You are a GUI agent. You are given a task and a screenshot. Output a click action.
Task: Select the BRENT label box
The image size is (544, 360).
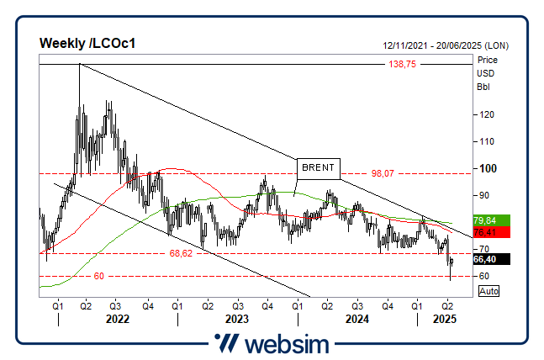tap(318, 167)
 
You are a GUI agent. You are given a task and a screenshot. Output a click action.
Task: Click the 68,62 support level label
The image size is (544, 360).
tap(182, 252)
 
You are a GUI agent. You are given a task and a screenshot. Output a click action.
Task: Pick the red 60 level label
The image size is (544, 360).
tap(98, 276)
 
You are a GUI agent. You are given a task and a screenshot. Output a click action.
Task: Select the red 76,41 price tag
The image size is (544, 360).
tap(484, 231)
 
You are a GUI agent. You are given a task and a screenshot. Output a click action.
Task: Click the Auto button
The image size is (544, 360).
tap(488, 290)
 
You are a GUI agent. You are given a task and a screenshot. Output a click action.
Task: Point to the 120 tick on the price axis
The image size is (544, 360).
tap(485, 114)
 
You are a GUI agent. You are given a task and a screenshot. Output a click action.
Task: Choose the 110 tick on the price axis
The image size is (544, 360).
tap(485, 141)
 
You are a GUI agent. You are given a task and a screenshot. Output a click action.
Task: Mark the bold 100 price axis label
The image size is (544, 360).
tap(486, 168)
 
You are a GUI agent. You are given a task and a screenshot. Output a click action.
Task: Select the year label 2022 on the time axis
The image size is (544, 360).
tap(116, 320)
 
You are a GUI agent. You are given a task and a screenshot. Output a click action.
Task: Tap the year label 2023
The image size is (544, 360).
tap(236, 320)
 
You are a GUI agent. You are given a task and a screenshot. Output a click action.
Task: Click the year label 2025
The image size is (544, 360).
tap(444, 320)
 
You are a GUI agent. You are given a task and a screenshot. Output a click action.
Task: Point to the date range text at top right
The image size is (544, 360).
tap(445, 45)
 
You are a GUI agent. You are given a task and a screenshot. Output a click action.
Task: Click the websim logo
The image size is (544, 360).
tap(271, 344)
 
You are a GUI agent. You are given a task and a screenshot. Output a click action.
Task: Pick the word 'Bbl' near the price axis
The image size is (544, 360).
tap(483, 87)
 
